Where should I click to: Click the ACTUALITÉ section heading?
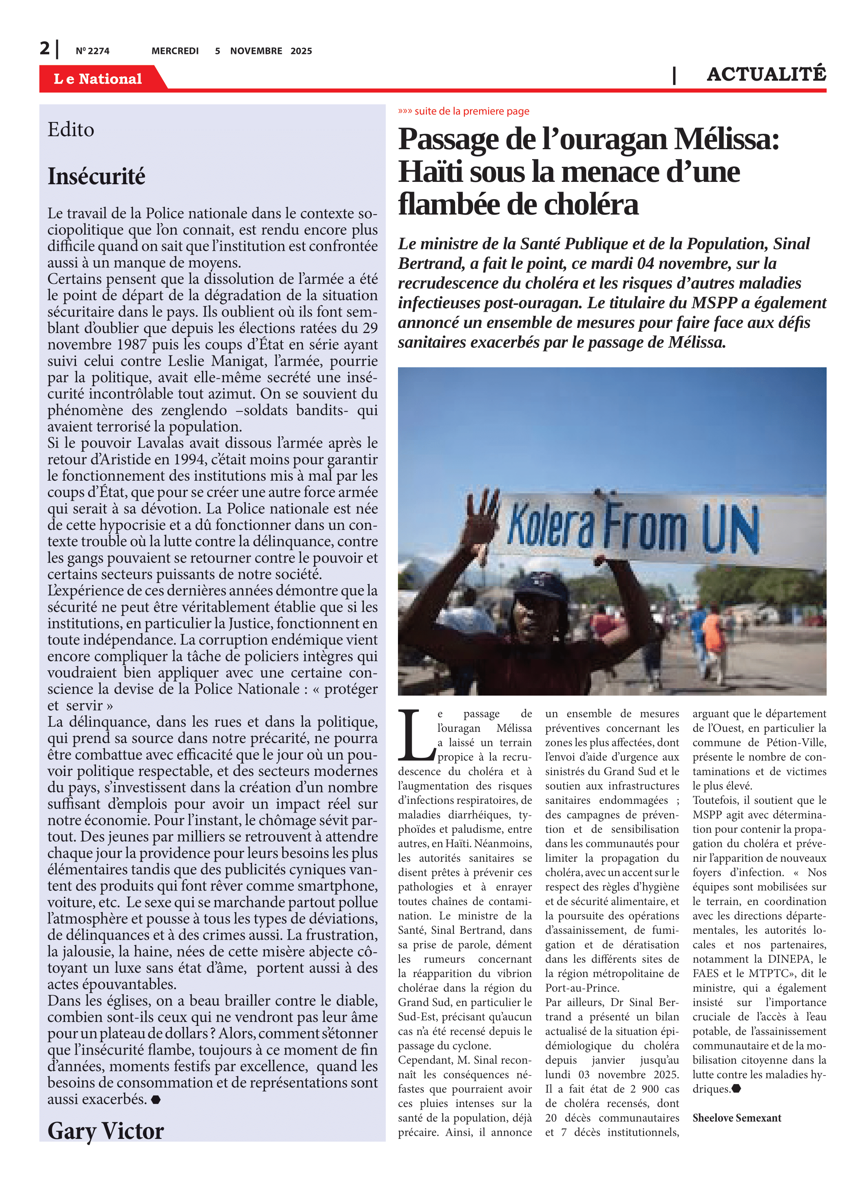(766, 75)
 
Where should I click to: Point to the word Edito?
(71, 130)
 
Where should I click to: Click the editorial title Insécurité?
(96, 177)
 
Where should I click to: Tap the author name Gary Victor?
(105, 1131)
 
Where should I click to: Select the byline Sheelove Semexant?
(736, 1118)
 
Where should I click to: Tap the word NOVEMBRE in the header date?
(256, 51)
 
